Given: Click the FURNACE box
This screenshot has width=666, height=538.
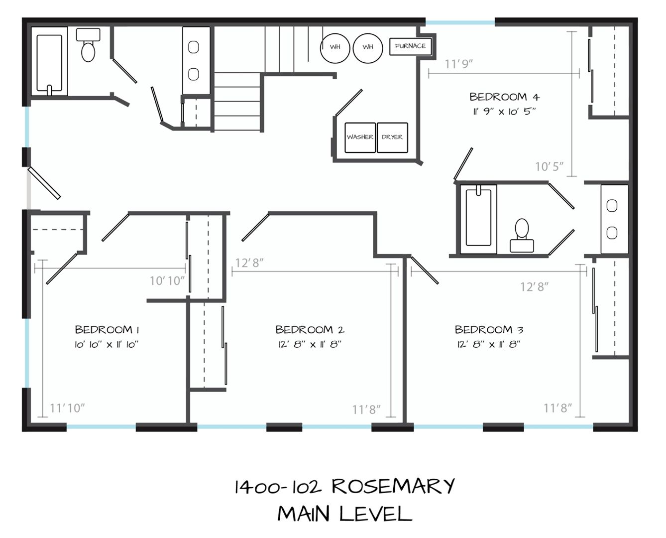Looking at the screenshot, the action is [410, 47].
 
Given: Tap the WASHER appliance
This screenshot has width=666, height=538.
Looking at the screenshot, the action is [360, 137].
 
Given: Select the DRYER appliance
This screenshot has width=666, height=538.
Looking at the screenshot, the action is [392, 137].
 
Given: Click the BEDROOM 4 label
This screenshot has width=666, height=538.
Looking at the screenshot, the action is [504, 97].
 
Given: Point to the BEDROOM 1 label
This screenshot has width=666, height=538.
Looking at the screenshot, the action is [107, 330].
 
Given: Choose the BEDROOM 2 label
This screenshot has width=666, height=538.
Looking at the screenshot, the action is [310, 330].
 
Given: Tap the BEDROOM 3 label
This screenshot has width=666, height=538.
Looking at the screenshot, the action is [489, 330].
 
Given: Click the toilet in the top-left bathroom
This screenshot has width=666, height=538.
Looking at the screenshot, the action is [88, 45].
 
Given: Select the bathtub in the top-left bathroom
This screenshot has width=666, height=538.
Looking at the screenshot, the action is [49, 62].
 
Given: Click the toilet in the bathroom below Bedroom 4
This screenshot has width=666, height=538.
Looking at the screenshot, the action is [522, 235].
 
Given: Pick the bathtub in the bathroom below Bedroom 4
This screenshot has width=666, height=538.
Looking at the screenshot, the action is [478, 219].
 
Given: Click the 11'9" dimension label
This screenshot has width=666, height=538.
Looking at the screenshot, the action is [458, 64].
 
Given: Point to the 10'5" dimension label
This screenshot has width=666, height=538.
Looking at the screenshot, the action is [549, 167].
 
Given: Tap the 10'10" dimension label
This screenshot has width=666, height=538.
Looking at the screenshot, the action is [167, 281].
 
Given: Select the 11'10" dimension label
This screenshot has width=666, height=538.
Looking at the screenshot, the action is [67, 408].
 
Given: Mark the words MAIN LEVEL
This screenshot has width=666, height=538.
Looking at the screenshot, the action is [344, 514].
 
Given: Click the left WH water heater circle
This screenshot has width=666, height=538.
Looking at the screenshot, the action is [335, 48].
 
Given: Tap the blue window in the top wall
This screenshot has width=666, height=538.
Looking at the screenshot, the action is [460, 22].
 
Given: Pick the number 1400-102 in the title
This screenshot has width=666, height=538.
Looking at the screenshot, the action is [278, 487].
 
